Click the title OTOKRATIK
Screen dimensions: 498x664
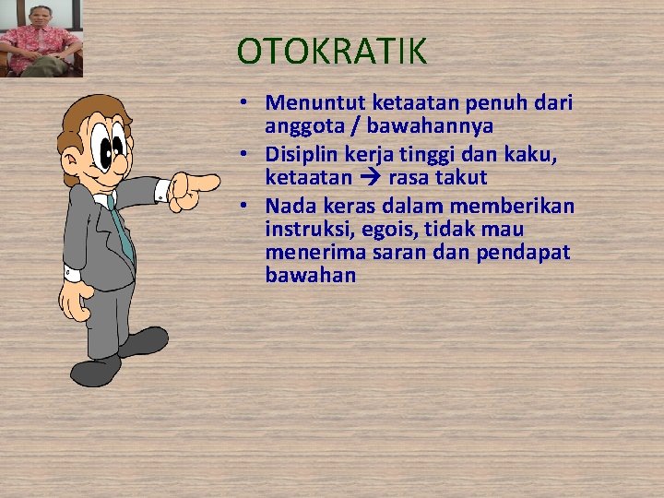click(x=332, y=52)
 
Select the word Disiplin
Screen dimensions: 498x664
click(x=299, y=154)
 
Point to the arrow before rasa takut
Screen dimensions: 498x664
click(x=371, y=177)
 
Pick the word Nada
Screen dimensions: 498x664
click(x=290, y=206)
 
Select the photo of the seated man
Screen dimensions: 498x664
click(x=41, y=39)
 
